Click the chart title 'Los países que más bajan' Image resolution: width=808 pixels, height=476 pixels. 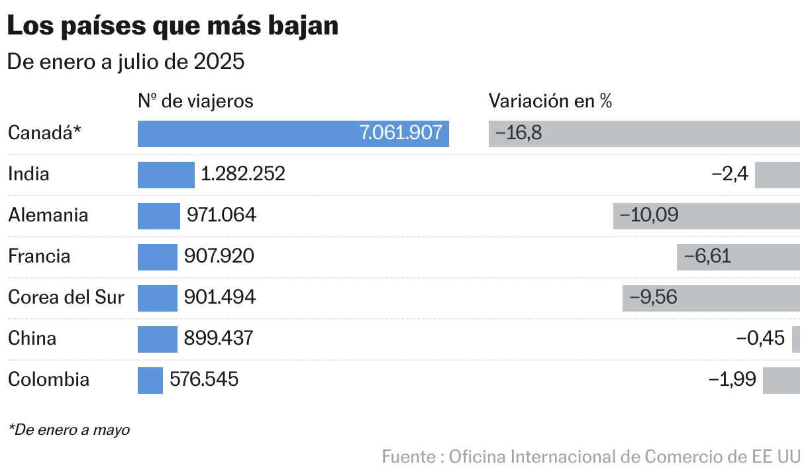[x=173, y=26]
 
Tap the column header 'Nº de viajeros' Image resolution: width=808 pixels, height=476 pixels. [x=195, y=101]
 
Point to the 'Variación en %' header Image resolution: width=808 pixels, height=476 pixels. [x=550, y=101]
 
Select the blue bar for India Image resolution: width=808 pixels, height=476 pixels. [x=166, y=174]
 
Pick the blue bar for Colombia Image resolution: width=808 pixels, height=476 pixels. [x=150, y=380]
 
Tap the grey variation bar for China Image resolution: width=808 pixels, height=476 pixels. [x=795, y=339]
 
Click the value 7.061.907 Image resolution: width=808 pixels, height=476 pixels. [x=401, y=133]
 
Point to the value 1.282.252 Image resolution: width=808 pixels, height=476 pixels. [x=243, y=174]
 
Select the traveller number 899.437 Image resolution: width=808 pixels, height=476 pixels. [x=219, y=339]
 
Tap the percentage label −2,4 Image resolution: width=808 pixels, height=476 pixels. [x=730, y=174]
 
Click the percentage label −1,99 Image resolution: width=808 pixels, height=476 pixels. [x=732, y=380]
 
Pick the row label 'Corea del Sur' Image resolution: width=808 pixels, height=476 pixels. [x=66, y=298]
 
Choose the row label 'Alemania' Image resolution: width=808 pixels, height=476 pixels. [x=48, y=215]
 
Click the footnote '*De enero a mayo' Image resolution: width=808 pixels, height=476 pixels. [x=69, y=430]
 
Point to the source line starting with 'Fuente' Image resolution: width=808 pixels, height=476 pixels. [x=591, y=457]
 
